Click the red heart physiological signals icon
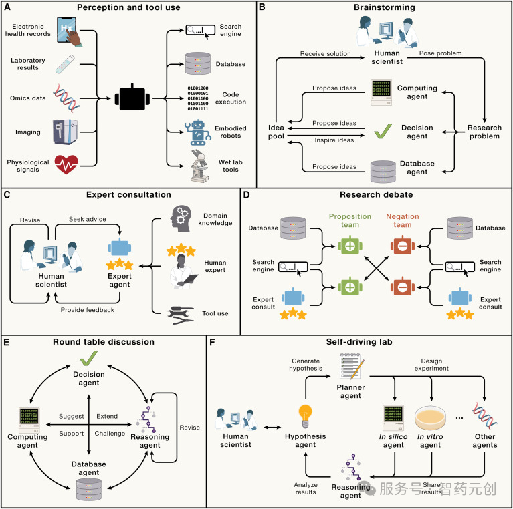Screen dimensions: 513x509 (66, 164)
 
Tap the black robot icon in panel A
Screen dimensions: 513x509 (132, 98)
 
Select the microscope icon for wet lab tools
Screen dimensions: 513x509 (200, 166)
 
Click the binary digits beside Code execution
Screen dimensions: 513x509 (198, 98)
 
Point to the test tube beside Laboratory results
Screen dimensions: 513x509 (65, 64)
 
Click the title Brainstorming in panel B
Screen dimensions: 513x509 (385, 7)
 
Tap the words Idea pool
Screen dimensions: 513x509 (276, 132)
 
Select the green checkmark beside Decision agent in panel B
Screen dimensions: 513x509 (383, 131)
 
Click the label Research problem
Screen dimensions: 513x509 (484, 132)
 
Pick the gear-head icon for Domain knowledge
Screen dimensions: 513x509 (181, 218)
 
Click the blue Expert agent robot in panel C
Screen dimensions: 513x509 (120, 248)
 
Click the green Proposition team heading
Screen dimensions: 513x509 (350, 220)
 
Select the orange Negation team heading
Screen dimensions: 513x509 (403, 220)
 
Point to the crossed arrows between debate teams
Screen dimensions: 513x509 (377, 268)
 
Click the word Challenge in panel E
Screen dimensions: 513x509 (110, 434)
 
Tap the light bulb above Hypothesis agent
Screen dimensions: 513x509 (305, 416)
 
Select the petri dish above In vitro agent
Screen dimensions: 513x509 (430, 418)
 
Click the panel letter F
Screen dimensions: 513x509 (212, 343)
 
